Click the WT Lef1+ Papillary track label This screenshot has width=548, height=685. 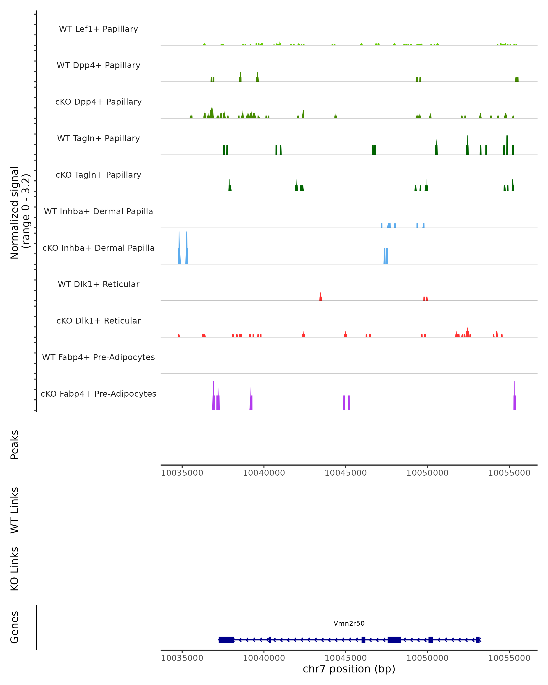(x=98, y=29)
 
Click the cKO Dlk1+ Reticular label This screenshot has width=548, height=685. (x=98, y=321)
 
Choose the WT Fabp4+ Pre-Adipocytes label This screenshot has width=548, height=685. (x=98, y=357)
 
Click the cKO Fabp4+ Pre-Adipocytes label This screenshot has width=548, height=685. (x=98, y=394)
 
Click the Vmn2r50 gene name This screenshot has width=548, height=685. (x=349, y=623)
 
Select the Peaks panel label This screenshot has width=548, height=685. (x=15, y=445)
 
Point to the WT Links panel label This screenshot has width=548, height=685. (x=15, y=510)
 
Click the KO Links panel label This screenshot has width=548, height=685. (x=15, y=569)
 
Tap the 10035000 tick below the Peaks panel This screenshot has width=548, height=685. (x=182, y=473)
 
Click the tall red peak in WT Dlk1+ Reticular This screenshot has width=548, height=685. (x=321, y=297)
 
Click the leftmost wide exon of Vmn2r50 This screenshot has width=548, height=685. (x=226, y=640)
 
